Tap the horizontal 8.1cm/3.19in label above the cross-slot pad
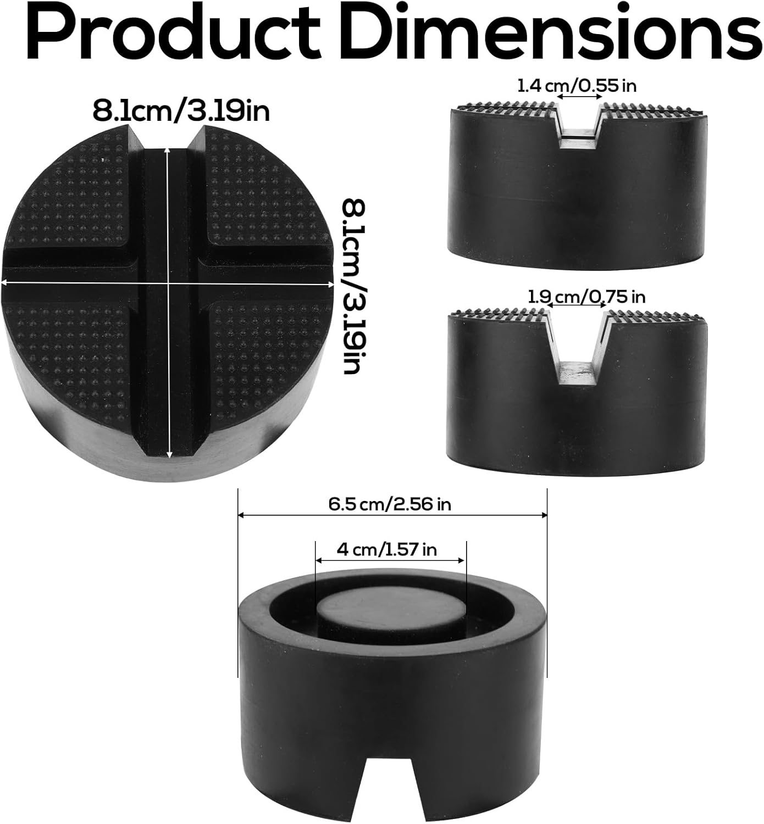pos(181,112)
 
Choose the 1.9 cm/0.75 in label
pos(586,297)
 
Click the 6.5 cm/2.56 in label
pos(390,504)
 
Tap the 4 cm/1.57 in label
pos(387,549)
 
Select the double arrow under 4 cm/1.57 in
pos(390,561)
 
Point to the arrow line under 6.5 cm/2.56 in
pos(392,515)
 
